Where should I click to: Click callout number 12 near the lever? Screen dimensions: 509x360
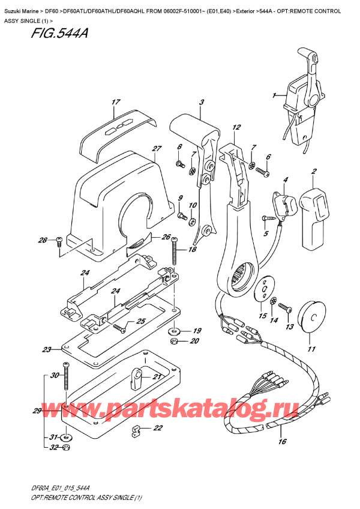click(236, 127)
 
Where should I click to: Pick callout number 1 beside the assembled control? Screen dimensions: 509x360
click(274, 95)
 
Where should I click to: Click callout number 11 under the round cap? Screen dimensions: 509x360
click(311, 349)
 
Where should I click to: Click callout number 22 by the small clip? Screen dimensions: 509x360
click(158, 428)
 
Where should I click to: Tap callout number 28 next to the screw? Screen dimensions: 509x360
click(41, 241)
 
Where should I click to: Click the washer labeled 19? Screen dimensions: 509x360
click(173, 331)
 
